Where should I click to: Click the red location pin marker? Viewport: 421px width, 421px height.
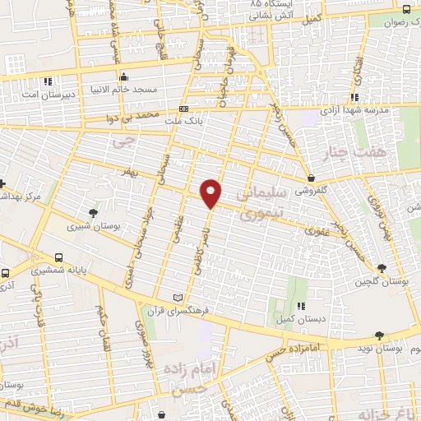(211, 192)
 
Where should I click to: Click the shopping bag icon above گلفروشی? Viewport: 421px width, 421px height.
(311, 178)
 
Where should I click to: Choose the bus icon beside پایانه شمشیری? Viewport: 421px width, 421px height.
(58, 257)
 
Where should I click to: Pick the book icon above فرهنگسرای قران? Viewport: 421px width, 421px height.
(179, 298)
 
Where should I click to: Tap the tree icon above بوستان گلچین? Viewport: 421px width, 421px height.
(381, 268)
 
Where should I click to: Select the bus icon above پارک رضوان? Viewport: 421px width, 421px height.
(407, 9)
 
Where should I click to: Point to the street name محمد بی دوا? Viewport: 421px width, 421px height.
(130, 119)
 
